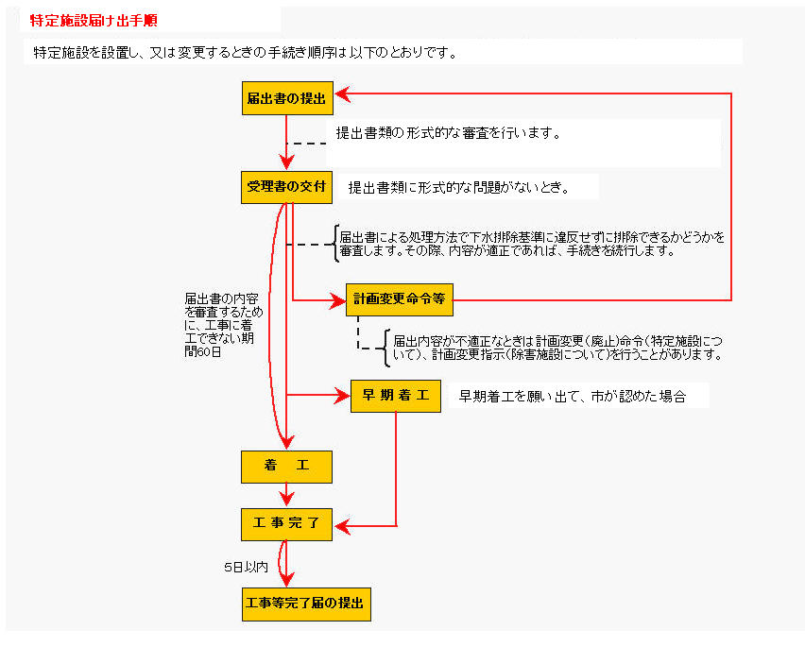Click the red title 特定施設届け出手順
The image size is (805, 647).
(94, 21)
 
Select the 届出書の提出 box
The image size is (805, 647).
(287, 98)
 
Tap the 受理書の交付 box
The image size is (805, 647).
(286, 187)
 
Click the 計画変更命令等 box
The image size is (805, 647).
(400, 299)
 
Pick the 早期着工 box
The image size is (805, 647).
(396, 396)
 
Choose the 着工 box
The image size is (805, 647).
(286, 467)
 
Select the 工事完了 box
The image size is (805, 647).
(286, 524)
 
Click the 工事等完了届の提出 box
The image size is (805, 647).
(306, 604)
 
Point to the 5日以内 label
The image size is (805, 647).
(246, 567)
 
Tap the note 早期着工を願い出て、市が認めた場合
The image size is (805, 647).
(572, 396)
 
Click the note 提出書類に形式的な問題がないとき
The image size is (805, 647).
(459, 187)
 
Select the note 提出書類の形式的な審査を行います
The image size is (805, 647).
(448, 133)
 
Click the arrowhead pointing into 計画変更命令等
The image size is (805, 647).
(339, 300)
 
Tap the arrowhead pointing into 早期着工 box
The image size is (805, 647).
(343, 396)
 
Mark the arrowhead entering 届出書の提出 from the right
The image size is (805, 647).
(342, 94)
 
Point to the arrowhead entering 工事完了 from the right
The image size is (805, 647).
(342, 526)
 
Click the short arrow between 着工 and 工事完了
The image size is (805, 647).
(286, 495)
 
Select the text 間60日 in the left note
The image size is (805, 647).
(203, 352)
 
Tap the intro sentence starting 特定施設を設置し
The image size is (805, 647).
(245, 52)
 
